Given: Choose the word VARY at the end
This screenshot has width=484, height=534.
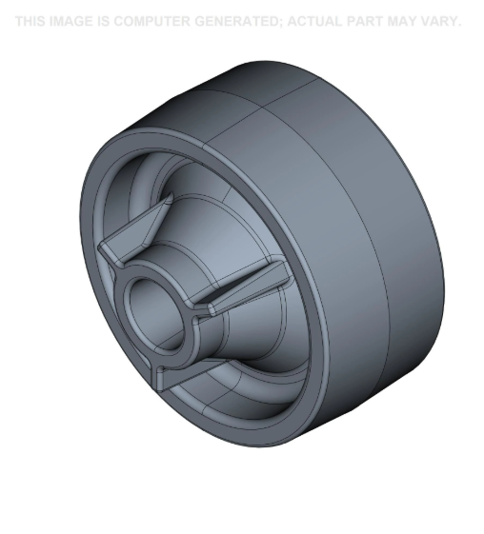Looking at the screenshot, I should (441, 21).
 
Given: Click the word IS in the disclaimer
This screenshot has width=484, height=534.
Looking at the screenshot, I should (102, 21).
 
